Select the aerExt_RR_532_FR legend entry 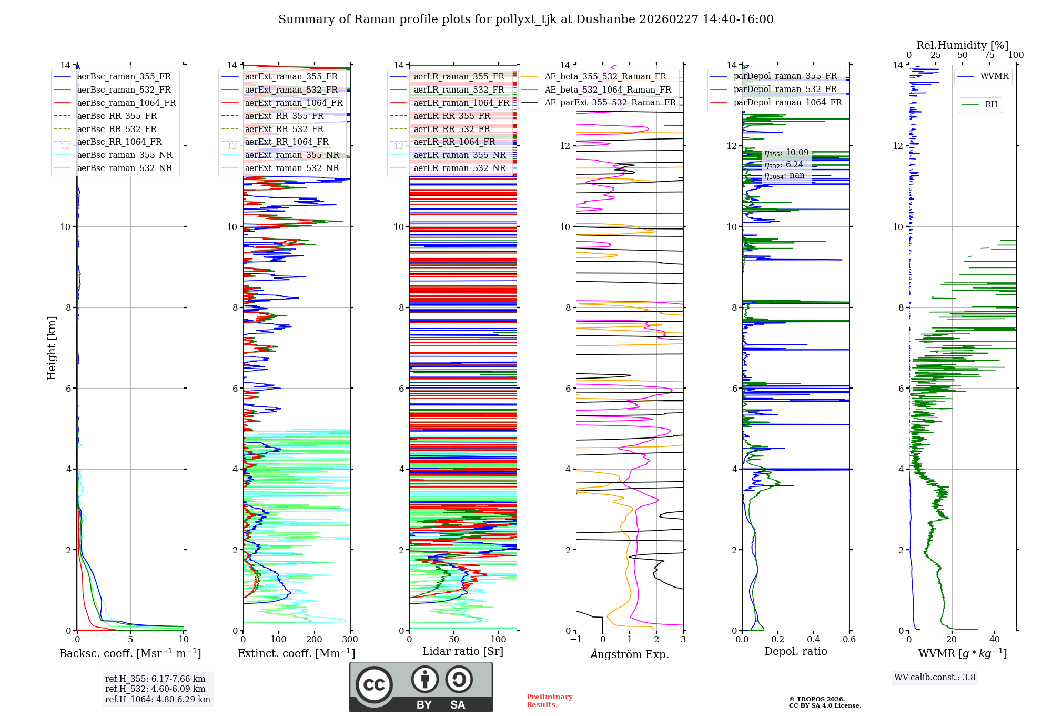click(x=284, y=129)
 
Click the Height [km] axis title click(x=52, y=348)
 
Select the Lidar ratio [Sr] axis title click(x=463, y=651)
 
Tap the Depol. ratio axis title click(x=795, y=651)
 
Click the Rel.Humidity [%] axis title click(x=962, y=45)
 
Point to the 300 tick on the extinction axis click(x=350, y=639)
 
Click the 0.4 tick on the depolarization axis click(x=813, y=639)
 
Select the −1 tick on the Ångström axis click(x=575, y=639)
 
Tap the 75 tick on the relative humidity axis click(x=989, y=55)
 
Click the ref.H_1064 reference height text click(x=157, y=699)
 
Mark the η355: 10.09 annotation click(x=786, y=153)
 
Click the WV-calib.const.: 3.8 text click(x=935, y=677)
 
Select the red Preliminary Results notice click(x=549, y=700)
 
